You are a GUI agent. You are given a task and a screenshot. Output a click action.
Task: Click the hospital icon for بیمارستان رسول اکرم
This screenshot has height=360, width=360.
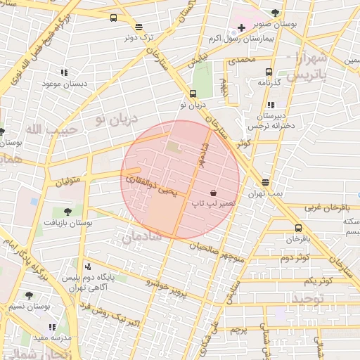(x=241, y=27)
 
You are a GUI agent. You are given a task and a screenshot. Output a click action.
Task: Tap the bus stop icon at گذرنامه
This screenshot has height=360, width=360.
(x=269, y=72)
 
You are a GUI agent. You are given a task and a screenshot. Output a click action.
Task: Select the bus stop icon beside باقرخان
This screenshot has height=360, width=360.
(x=298, y=228)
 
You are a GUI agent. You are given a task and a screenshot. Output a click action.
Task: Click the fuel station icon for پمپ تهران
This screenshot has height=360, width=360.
(x=265, y=182)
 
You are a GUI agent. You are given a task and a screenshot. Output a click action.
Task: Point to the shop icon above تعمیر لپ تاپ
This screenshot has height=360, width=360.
(x=213, y=192)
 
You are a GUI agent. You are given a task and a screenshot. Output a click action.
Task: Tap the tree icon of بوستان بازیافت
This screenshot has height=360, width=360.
(x=67, y=211)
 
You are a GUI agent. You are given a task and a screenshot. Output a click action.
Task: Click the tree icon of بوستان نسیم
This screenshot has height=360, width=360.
(x=29, y=295)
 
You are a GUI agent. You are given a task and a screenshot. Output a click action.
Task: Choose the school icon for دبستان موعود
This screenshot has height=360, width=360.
(x=64, y=72)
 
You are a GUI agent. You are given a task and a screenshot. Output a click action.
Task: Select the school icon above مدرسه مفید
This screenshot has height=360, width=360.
(x=52, y=327)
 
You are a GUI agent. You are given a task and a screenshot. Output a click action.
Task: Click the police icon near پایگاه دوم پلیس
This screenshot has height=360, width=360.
(x=87, y=266)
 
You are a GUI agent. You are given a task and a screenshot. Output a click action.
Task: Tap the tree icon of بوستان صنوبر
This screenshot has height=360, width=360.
(x=275, y=13)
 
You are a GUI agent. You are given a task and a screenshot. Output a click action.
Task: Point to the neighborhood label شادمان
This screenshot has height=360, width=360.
(x=142, y=238)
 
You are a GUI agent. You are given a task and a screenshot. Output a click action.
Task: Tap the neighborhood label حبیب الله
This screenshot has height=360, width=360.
(x=44, y=129)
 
